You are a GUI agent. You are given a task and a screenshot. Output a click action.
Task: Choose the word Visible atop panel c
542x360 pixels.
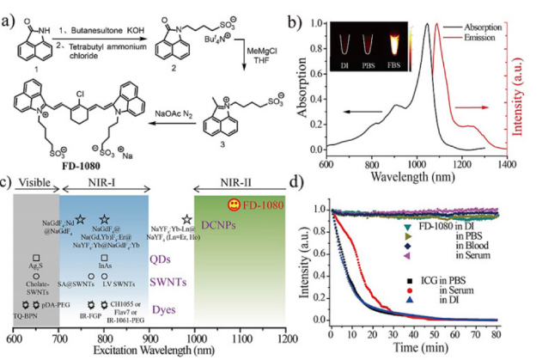click(33, 185)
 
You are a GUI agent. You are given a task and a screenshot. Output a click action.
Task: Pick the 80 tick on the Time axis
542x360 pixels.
click(521, 329)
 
